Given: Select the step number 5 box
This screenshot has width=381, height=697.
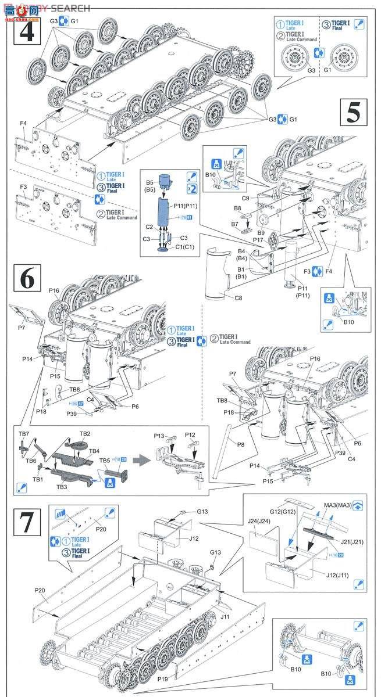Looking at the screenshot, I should pos(353,112).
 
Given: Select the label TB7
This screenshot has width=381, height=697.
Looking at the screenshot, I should pos(24,434).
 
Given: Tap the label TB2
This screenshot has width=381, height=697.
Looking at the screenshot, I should pos(85,434).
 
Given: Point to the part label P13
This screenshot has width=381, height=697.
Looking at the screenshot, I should pos(160,434).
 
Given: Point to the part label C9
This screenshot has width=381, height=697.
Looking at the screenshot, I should pos(245,198).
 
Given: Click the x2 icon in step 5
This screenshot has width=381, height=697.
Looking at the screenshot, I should pos(191,189).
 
